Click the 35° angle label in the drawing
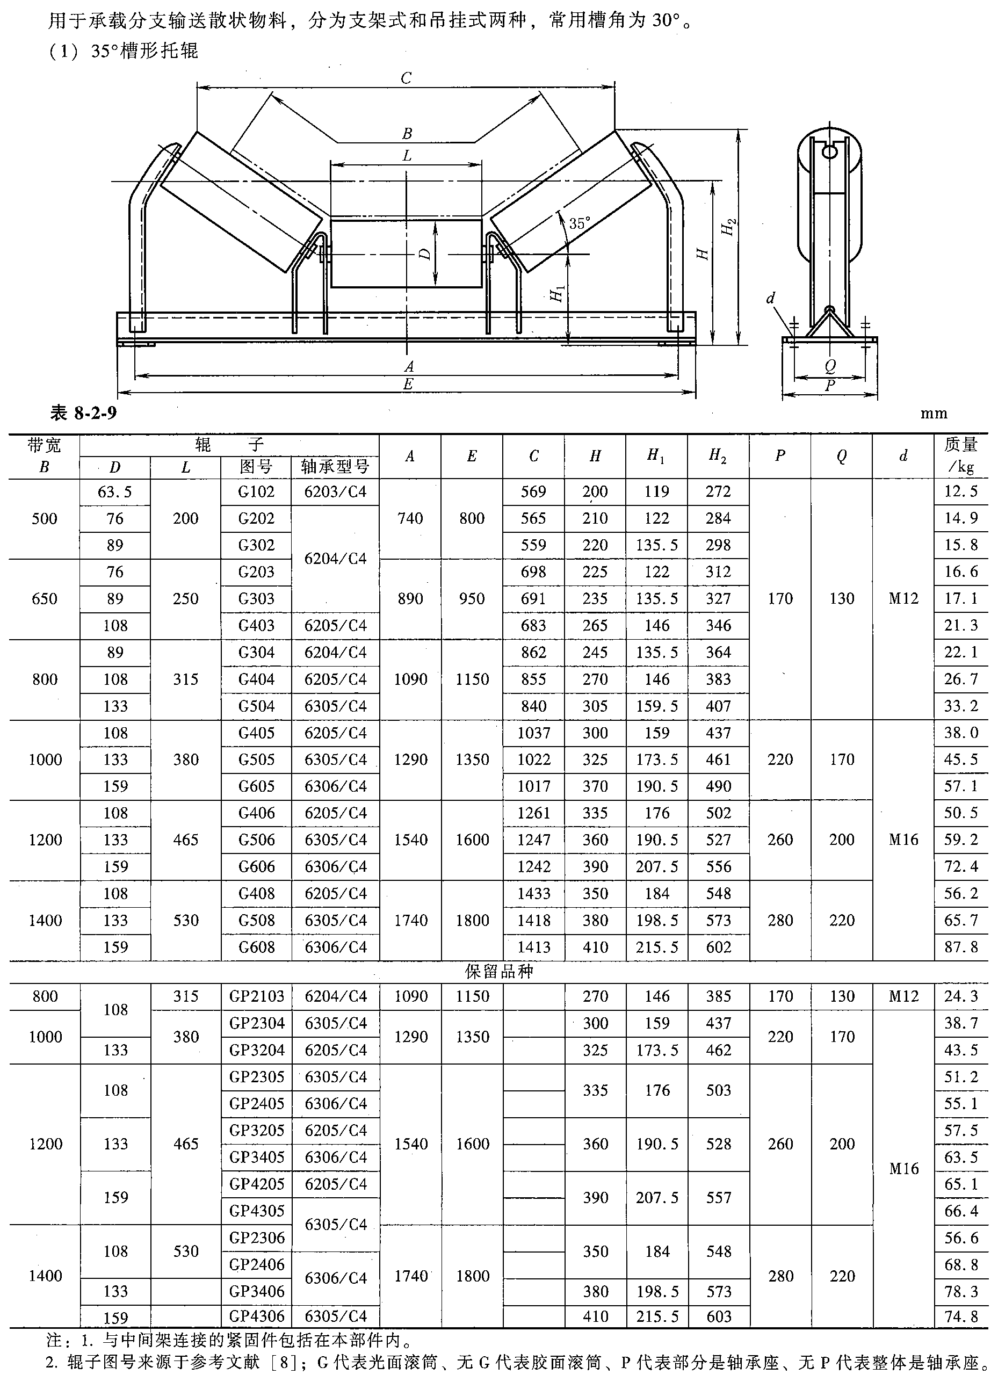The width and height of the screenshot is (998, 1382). (580, 223)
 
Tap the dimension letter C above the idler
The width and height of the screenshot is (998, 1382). (406, 78)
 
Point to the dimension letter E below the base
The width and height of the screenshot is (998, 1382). (408, 384)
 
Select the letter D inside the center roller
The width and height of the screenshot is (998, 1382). (425, 254)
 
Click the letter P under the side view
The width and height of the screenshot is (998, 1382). (830, 386)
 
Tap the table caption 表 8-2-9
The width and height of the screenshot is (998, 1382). (83, 413)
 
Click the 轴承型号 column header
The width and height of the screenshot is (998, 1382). (335, 467)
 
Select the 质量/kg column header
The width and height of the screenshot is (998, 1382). (961, 456)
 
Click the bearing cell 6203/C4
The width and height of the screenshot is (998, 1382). (335, 492)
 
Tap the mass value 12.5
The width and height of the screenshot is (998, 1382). (961, 492)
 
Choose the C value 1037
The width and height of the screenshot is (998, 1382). (534, 733)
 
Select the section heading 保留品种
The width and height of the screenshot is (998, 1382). (499, 971)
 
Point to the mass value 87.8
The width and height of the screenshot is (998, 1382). (961, 947)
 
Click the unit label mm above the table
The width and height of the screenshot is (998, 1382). (934, 414)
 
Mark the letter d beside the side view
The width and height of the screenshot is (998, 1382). (771, 298)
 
